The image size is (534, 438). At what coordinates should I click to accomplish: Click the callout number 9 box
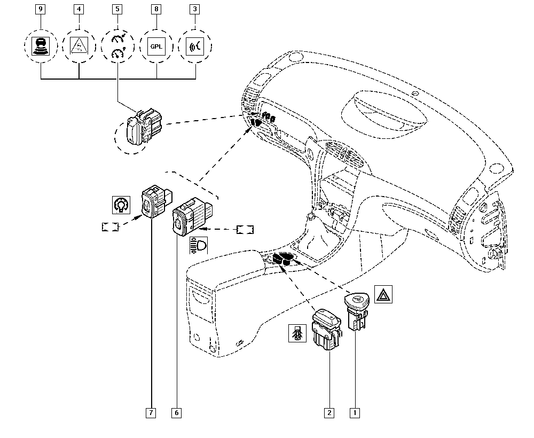[41, 9]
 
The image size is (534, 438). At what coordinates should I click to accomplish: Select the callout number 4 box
[78, 9]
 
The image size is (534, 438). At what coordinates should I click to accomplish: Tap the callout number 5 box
[117, 9]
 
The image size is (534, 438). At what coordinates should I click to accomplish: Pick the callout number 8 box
[156, 9]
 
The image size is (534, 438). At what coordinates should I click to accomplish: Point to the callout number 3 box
[195, 9]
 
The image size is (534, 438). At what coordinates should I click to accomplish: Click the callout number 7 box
[151, 413]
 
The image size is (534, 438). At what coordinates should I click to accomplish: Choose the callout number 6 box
[176, 413]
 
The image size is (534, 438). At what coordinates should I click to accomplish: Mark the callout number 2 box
[329, 413]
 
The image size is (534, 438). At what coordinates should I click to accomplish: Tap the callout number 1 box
[355, 413]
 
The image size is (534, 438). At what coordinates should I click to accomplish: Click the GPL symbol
[156, 46]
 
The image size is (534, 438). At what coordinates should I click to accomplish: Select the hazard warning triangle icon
[383, 294]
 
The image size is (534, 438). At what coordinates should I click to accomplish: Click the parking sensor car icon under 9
[41, 46]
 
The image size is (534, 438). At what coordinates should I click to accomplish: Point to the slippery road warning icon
[78, 46]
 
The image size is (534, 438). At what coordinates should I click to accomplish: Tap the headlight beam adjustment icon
[199, 245]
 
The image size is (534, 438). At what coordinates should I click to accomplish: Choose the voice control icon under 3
[195, 46]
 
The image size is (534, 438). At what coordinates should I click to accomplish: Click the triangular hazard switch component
[356, 311]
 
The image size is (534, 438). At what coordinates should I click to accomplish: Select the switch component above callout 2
[327, 330]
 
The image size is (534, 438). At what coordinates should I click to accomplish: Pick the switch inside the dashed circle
[144, 127]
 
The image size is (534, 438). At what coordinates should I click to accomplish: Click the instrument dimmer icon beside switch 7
[121, 205]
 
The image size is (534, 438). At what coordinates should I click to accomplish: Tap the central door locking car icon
[297, 333]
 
